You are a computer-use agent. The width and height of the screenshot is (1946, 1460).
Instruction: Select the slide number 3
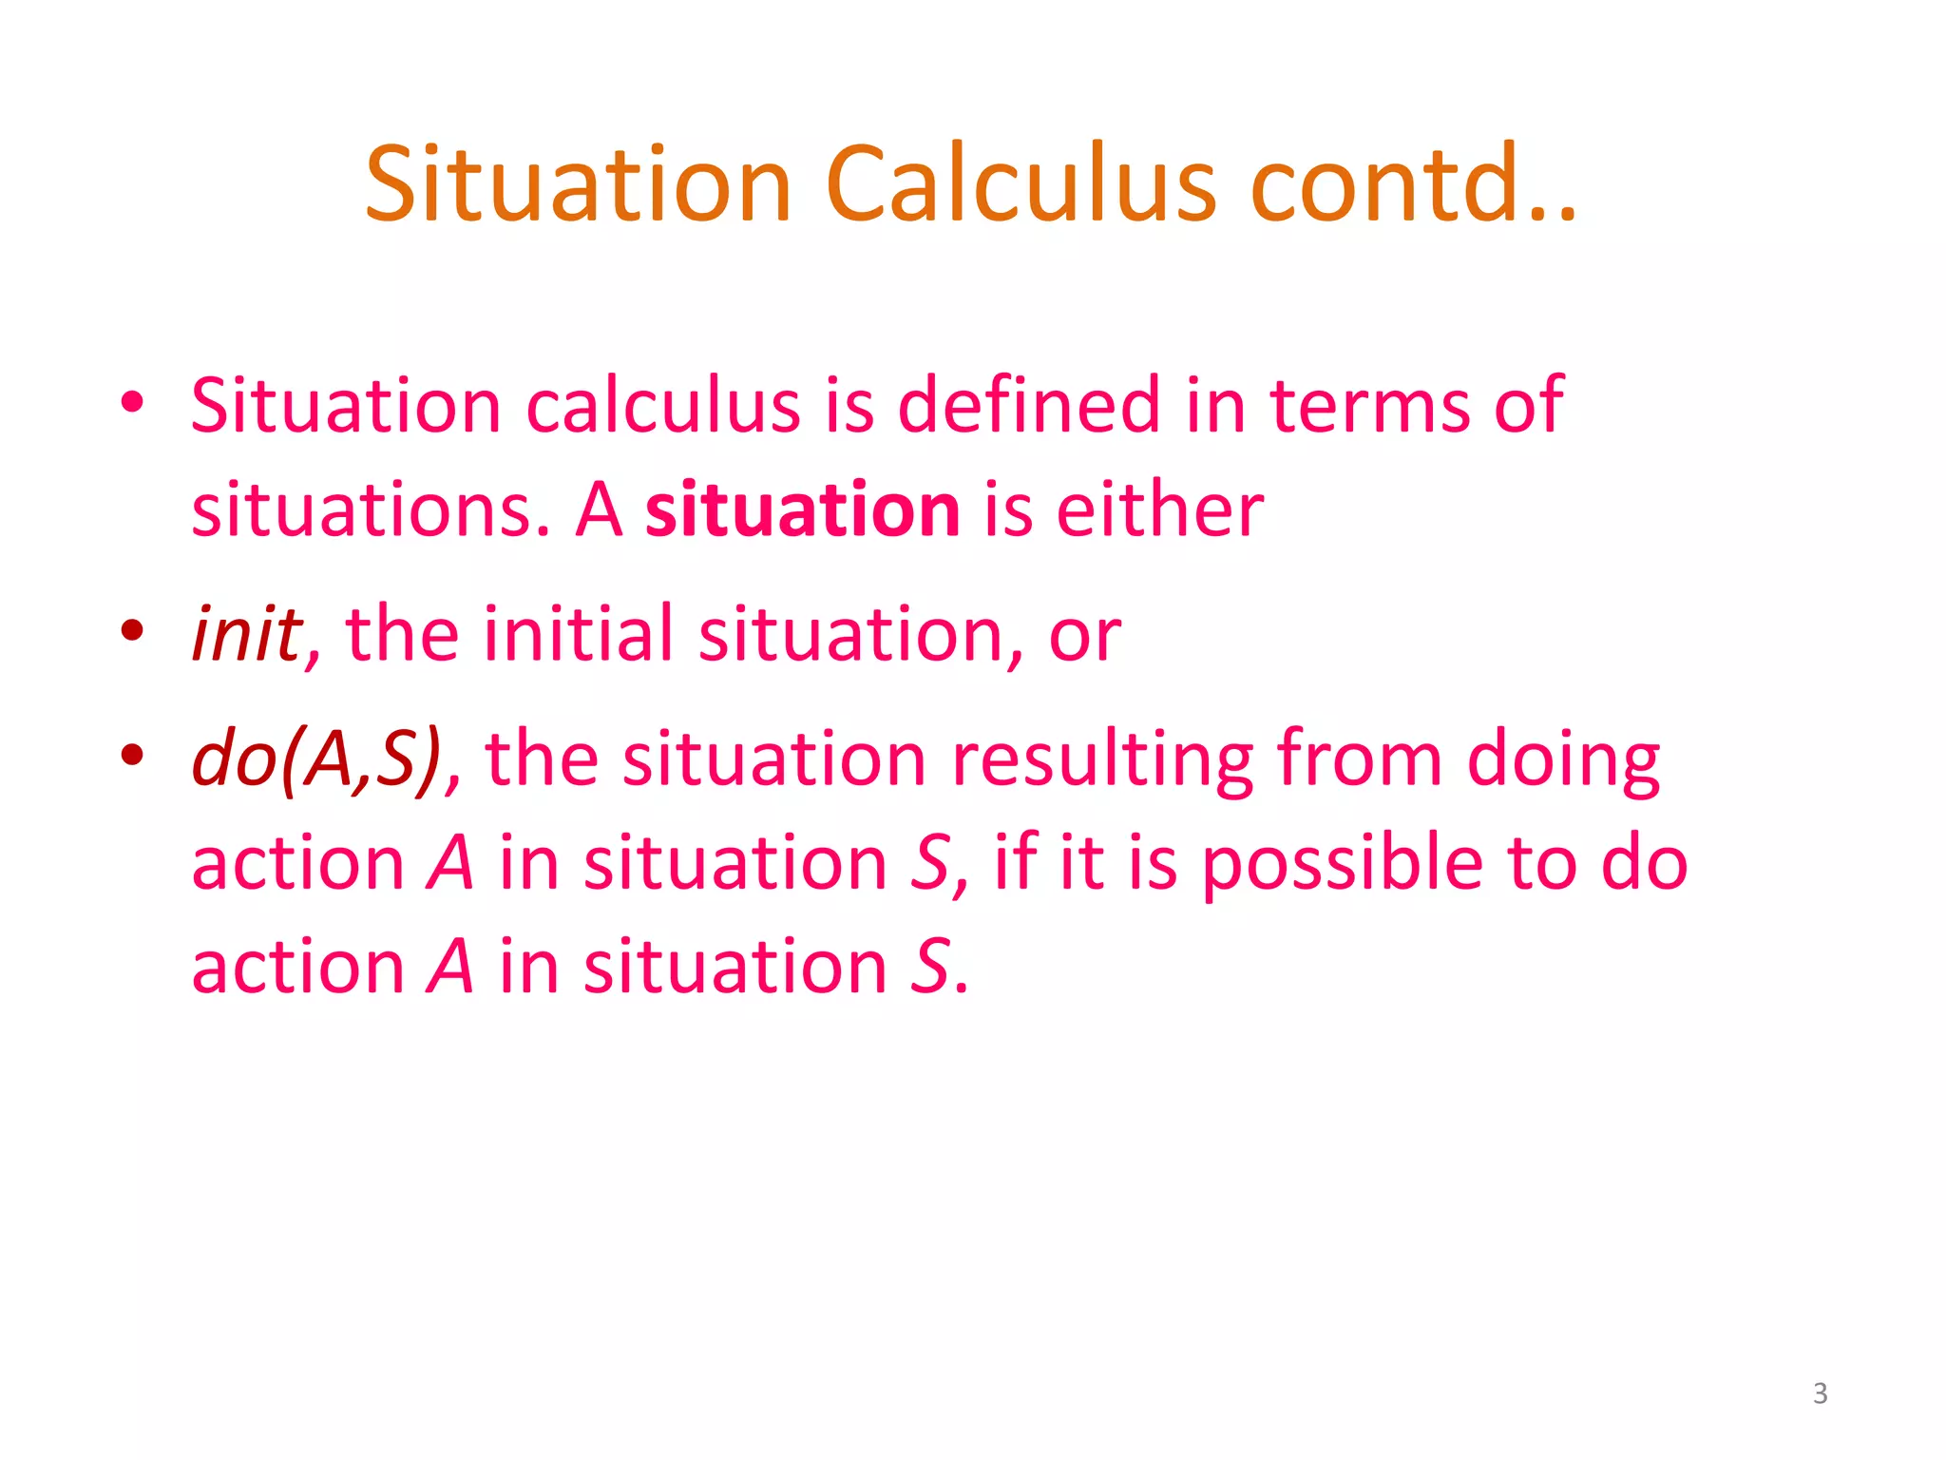(x=1820, y=1393)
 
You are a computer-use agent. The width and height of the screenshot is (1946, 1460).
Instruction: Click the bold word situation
(x=802, y=510)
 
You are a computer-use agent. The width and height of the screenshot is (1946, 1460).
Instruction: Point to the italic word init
(x=247, y=634)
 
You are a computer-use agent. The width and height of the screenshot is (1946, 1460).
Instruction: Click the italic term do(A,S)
(x=317, y=759)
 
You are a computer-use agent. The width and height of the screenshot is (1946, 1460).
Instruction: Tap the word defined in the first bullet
(x=1028, y=406)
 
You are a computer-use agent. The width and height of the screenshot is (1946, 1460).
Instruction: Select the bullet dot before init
(x=132, y=629)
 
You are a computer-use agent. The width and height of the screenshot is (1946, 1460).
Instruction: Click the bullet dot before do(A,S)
(x=132, y=755)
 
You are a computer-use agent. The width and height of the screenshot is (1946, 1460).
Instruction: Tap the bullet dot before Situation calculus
(x=132, y=401)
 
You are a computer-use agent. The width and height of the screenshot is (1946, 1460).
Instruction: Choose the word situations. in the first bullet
(x=371, y=510)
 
